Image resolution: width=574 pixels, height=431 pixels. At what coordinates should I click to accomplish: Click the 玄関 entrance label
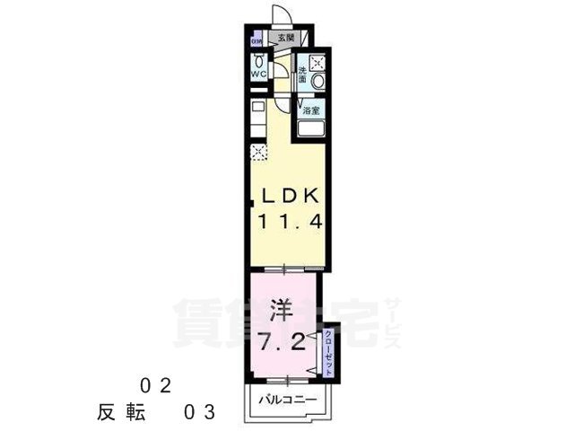pyautogui.click(x=285, y=38)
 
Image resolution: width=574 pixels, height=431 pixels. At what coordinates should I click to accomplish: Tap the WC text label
pyautogui.click(x=257, y=75)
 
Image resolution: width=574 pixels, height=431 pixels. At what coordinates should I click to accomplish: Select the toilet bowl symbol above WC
pyautogui.click(x=257, y=61)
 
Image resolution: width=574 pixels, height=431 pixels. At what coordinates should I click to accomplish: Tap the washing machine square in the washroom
pyautogui.click(x=315, y=60)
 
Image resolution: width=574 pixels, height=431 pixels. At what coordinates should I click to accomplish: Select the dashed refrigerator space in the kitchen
pyautogui.click(x=258, y=151)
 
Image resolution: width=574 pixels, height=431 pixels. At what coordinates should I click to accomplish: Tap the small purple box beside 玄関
pyautogui.click(x=257, y=40)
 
